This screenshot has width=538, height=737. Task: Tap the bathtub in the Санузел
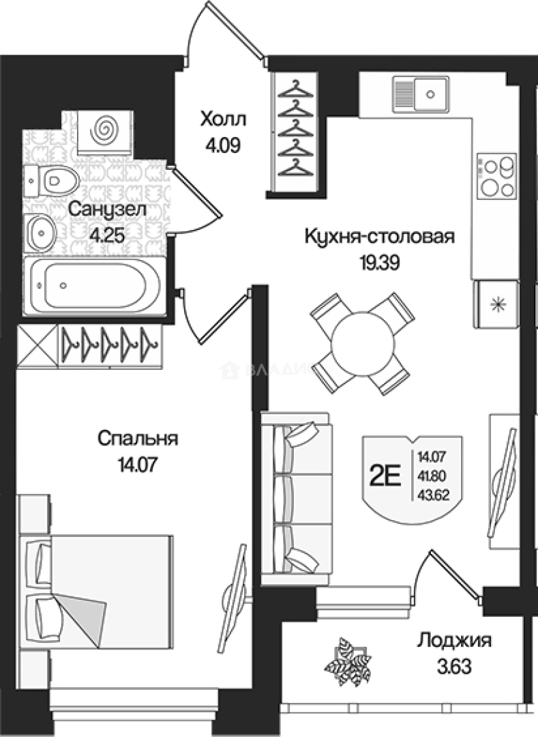pyautogui.click(x=93, y=286)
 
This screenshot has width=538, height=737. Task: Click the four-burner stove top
pyautogui.click(x=496, y=176)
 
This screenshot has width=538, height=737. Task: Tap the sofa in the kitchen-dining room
pyautogui.click(x=296, y=497)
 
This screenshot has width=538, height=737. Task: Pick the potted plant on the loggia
pyautogui.click(x=348, y=659)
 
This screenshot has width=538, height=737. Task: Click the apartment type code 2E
pyautogui.click(x=386, y=474)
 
